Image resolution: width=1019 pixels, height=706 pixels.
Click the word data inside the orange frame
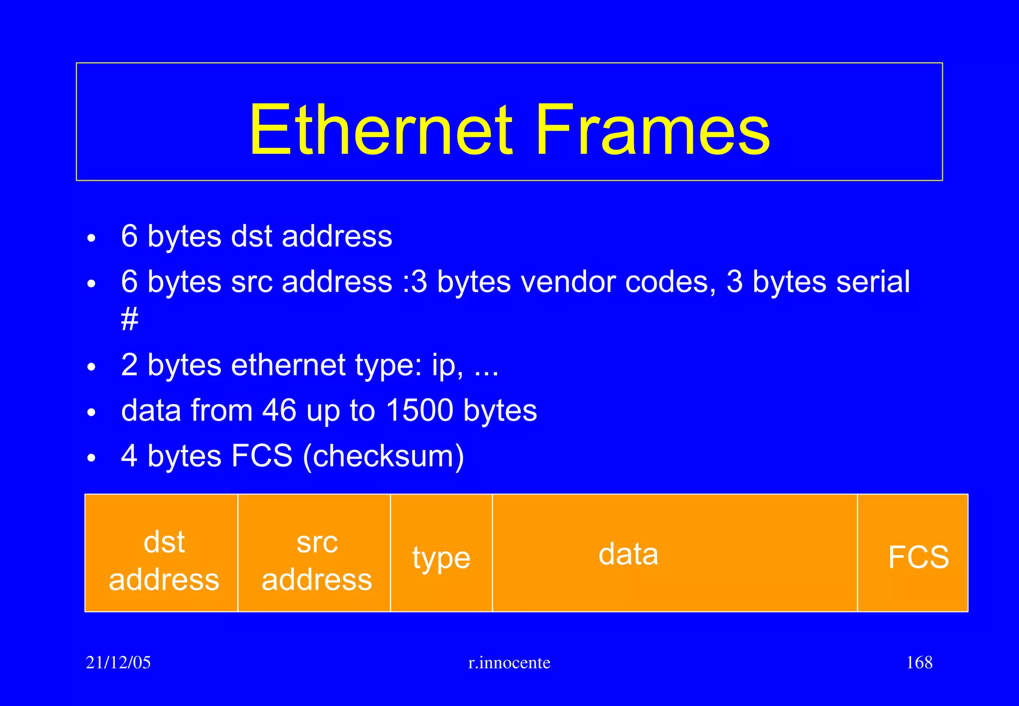click(628, 554)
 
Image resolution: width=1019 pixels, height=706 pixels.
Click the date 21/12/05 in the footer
click(118, 662)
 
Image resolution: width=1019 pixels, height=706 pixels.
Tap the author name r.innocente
click(509, 663)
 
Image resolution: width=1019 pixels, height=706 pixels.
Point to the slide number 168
click(919, 662)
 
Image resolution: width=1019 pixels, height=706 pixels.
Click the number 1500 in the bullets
click(419, 410)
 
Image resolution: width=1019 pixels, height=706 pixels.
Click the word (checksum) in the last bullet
click(383, 456)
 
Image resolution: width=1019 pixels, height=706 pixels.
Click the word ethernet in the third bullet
click(288, 365)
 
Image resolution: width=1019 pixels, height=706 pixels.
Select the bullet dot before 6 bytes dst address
click(91, 238)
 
